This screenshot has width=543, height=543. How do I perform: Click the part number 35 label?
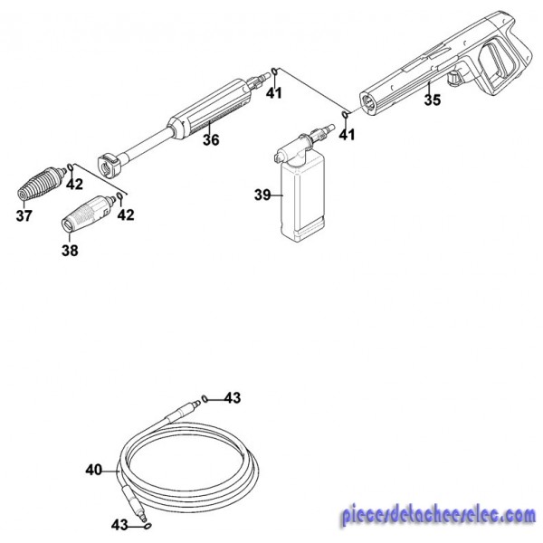click(433, 100)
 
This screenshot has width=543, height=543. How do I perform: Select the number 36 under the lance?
click(211, 140)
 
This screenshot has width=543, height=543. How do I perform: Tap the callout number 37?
click(24, 215)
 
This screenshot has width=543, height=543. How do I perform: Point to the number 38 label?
click(70, 251)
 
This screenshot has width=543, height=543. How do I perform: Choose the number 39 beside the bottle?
click(262, 195)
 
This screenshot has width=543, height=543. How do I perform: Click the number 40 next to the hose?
click(93, 471)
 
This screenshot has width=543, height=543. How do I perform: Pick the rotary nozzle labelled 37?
click(42, 183)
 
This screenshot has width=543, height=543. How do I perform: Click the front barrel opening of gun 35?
click(367, 102)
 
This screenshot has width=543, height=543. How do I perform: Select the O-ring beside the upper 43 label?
click(205, 399)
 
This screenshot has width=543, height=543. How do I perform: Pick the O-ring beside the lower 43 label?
click(148, 526)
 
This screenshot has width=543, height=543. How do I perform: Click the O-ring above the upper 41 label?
click(274, 71)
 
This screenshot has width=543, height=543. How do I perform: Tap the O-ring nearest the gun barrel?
click(345, 115)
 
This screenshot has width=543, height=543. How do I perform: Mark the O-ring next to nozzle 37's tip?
click(71, 167)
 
